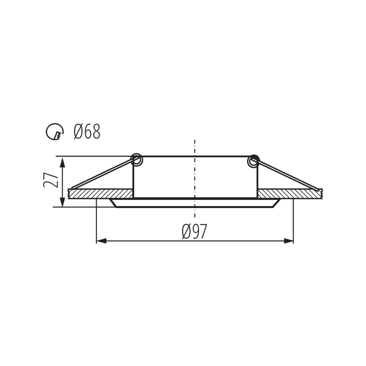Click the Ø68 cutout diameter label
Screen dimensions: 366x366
tap(87, 131)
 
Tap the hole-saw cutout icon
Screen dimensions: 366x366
tap(55, 131)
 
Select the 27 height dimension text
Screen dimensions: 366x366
tap(51, 180)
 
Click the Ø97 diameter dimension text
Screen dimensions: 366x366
tap(194, 231)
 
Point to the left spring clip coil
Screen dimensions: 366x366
tap(137, 160)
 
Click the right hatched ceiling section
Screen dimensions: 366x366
tap(290, 194)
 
